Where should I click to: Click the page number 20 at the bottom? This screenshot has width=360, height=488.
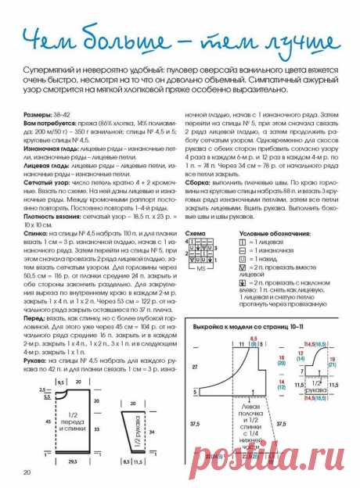click(27, 472)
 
